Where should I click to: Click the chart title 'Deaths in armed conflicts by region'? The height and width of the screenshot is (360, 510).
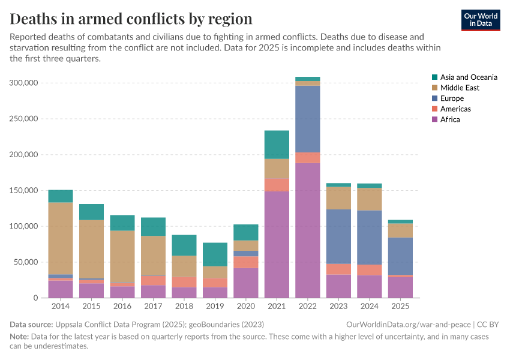(131, 19)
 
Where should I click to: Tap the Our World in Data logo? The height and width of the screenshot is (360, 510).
(480, 20)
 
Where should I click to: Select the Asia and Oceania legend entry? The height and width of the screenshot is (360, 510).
(468, 77)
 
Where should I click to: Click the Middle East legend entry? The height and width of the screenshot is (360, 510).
(459, 88)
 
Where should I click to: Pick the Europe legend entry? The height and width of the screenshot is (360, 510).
(451, 98)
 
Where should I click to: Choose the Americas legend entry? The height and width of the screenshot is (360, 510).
(455, 109)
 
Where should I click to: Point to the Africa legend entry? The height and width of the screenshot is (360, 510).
(450, 119)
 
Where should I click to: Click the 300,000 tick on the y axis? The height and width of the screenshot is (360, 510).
(26, 83)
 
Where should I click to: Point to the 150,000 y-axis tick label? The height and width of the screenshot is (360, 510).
(26, 191)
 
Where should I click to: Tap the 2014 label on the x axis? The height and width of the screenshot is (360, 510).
(61, 307)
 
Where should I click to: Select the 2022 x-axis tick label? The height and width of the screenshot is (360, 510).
(308, 307)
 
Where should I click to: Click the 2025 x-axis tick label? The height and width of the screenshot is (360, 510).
(400, 307)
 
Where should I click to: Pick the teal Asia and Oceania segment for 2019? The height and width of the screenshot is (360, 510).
(215, 254)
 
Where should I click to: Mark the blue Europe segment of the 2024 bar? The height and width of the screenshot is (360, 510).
(370, 238)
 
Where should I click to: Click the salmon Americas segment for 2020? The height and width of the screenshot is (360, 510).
(246, 262)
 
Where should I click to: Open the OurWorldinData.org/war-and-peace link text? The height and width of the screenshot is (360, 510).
(410, 325)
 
